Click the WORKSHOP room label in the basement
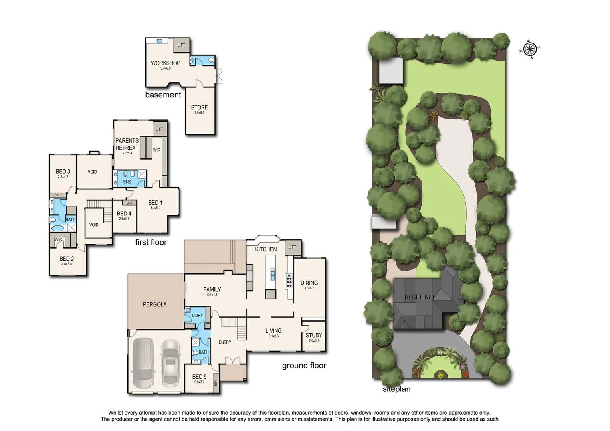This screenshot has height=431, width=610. [x=165, y=63]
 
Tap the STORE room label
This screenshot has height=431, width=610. [x=199, y=107]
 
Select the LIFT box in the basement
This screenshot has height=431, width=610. [x=181, y=45]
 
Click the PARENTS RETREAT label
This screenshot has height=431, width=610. [x=127, y=144]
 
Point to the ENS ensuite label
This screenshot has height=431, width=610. [x=127, y=182]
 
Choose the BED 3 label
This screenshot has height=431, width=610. [x=63, y=172]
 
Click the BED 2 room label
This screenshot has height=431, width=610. [x=67, y=259]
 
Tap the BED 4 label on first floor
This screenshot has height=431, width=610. [x=124, y=214]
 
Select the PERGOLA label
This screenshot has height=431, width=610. [x=155, y=304]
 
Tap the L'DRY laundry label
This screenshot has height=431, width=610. [x=197, y=315]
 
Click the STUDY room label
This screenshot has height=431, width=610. [x=313, y=335]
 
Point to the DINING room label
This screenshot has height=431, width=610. [x=309, y=283]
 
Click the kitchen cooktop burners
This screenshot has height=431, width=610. [x=289, y=280]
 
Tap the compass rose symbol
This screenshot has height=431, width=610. [x=530, y=49]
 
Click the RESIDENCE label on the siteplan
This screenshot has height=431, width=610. [x=420, y=297]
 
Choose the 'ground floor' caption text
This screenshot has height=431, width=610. [x=304, y=366]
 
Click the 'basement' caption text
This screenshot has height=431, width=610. [x=163, y=95]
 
